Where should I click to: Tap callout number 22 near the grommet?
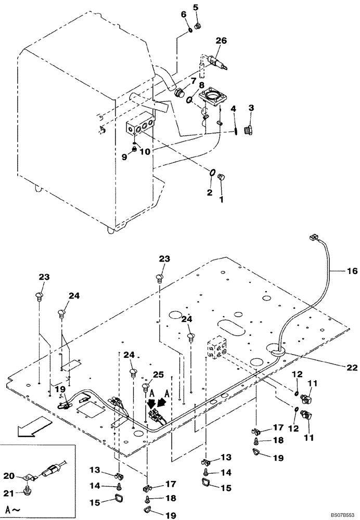[x=352, y=367]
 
